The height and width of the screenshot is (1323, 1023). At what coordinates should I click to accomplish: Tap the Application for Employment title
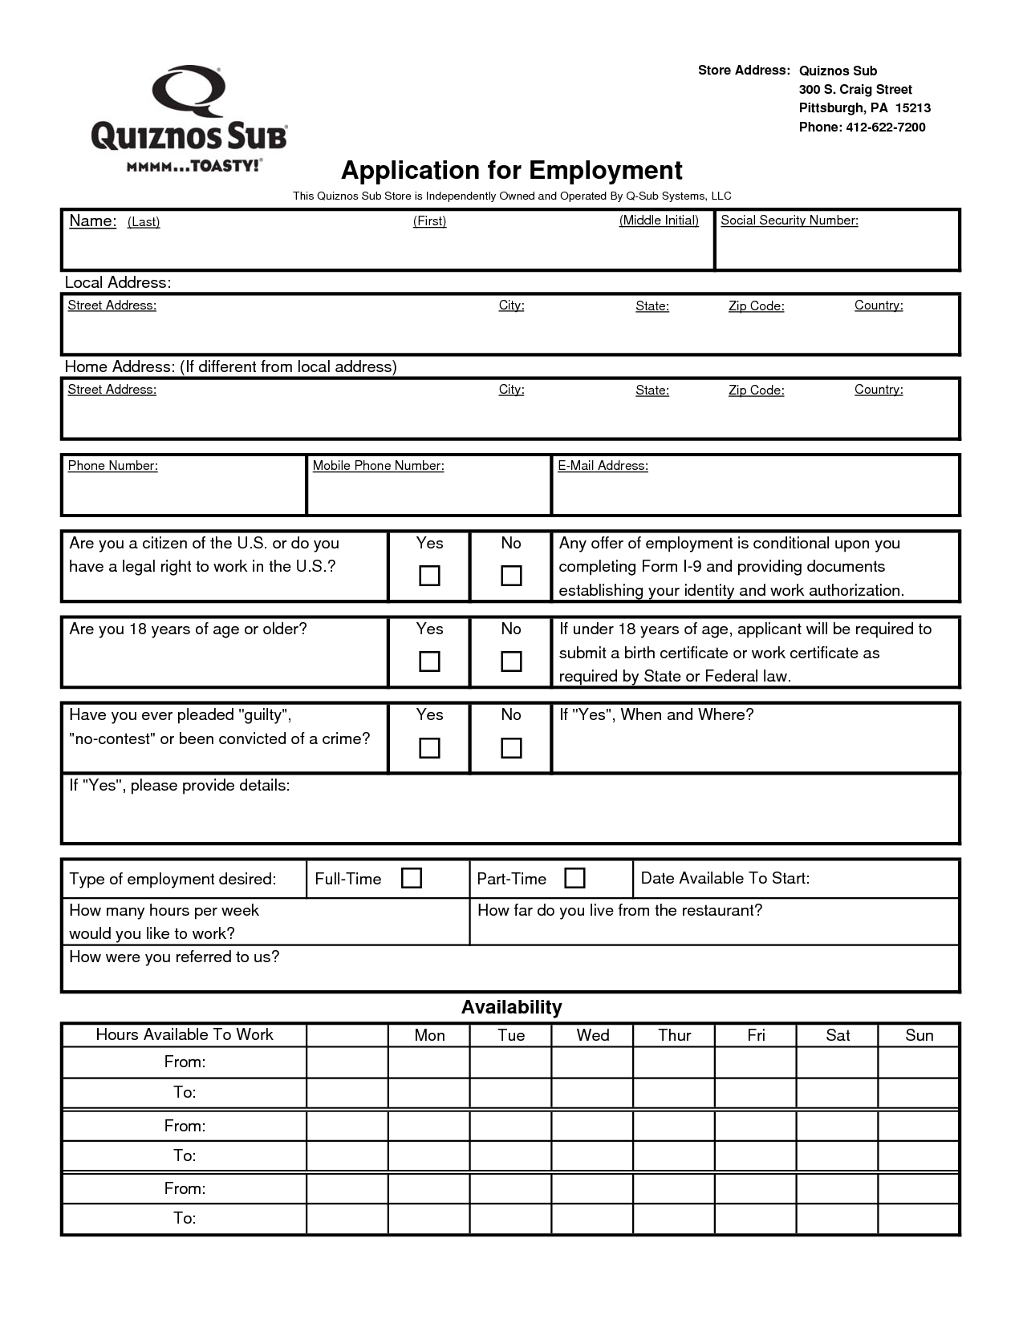click(511, 170)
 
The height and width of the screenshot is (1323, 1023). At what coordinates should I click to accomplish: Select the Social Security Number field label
click(789, 220)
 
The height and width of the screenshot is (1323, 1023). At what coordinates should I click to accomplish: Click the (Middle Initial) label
click(658, 220)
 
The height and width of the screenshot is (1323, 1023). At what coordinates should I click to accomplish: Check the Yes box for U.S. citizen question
click(429, 576)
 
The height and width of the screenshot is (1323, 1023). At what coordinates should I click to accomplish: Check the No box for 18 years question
click(511, 661)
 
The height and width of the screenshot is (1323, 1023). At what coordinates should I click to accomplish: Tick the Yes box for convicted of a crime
click(429, 748)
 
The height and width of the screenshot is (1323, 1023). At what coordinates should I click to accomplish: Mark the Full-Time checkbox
click(411, 878)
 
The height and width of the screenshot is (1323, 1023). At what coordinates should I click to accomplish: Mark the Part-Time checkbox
click(574, 878)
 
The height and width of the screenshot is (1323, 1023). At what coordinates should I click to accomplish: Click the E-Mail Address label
click(603, 466)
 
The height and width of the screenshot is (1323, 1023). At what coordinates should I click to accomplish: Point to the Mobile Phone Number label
click(378, 466)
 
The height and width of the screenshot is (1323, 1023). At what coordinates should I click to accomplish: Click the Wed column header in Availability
click(592, 1035)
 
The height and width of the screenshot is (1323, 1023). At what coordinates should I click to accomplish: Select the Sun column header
click(919, 1035)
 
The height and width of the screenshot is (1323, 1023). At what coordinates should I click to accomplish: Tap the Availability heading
click(511, 1007)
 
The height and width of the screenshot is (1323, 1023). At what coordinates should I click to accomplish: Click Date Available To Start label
click(725, 878)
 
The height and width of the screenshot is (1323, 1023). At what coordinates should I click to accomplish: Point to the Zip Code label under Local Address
click(756, 306)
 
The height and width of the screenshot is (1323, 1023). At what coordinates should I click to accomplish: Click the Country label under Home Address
click(878, 390)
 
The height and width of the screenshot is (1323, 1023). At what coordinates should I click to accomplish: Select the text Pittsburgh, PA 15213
click(864, 108)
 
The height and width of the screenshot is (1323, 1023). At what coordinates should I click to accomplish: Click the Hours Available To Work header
click(185, 1034)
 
